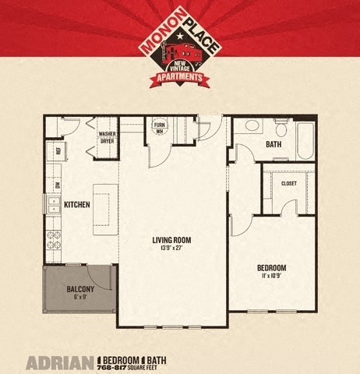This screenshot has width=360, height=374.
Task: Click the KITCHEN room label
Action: click(77, 205)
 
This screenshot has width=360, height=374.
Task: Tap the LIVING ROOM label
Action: click(171, 240)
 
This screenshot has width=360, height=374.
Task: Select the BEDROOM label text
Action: click(271, 268)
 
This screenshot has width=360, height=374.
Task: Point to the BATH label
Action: click(274, 144)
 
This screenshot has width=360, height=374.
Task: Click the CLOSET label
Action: click(288, 184)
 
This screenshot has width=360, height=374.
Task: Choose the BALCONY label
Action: click(81, 289)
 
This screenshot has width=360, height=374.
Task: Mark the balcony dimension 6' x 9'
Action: click(81, 298)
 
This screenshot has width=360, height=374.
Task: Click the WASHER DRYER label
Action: click(107, 138)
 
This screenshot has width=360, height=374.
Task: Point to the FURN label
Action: click(160, 125)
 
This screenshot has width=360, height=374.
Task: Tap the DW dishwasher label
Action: click(58, 185)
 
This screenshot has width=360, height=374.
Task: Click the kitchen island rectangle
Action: click(104, 208)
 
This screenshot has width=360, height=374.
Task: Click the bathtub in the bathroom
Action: click(305, 141)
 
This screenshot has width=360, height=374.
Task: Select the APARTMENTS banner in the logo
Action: click(181, 79)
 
